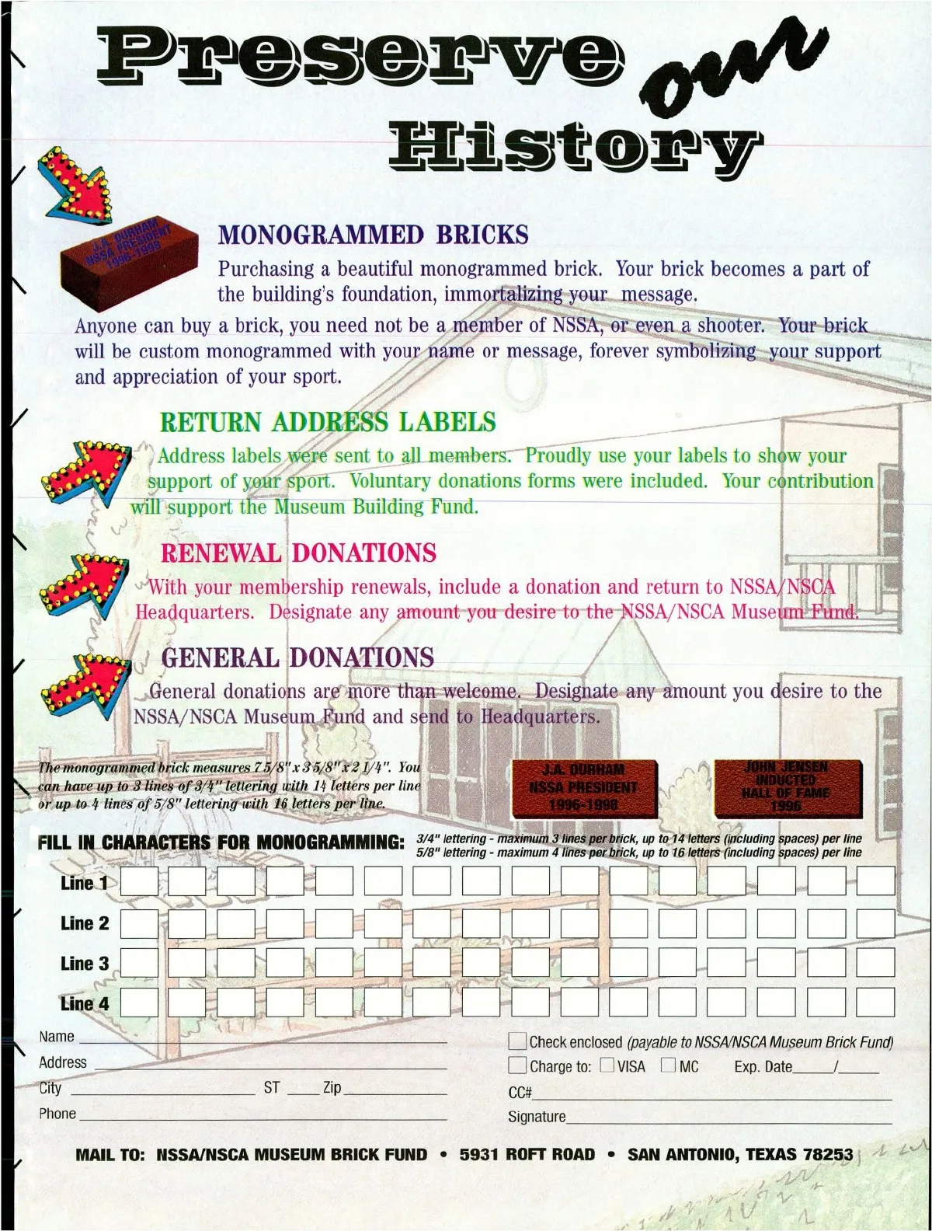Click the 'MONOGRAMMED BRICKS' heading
click(373, 235)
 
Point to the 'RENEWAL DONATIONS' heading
click(298, 553)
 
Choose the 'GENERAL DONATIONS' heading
click(297, 657)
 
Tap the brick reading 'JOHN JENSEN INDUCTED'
click(787, 786)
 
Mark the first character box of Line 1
click(139, 882)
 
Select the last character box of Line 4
click(876, 1003)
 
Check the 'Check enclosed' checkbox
click(517, 1041)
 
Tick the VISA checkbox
click(607, 1065)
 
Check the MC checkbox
click(668, 1065)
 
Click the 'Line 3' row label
click(85, 964)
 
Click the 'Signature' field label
click(537, 1117)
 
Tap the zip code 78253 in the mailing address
click(828, 1155)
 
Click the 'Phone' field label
click(57, 1114)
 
